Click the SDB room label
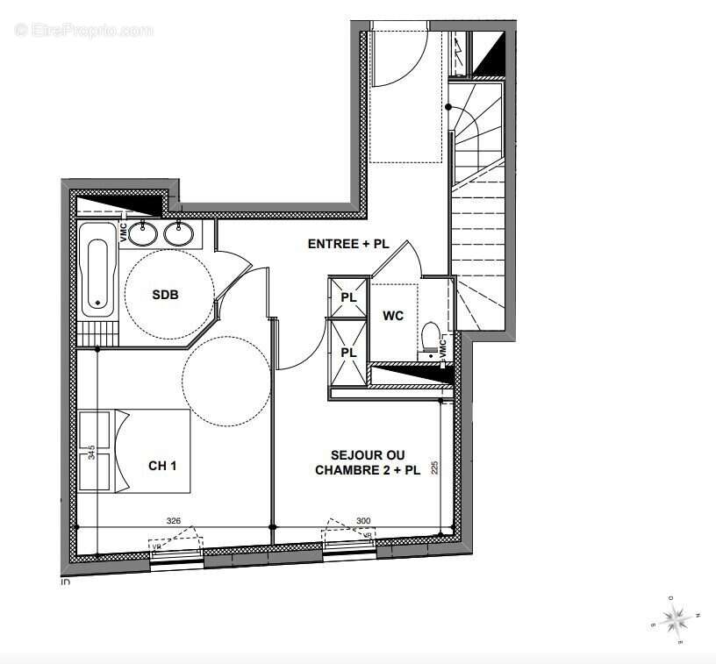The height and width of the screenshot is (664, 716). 165,295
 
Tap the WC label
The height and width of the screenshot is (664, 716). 393,316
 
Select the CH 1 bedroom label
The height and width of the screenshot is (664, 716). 162,466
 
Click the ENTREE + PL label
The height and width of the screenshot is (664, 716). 347,245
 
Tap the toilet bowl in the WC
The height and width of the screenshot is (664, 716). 430,338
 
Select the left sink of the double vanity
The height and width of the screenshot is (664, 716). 147,233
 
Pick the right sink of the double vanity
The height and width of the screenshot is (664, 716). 179,233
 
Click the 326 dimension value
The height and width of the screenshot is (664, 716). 174,521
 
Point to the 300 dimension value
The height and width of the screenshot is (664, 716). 363,521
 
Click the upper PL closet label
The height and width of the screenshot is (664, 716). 348,297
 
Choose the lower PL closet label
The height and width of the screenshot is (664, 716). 348,353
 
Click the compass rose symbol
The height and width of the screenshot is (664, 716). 677,620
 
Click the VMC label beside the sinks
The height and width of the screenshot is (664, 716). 123,232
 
